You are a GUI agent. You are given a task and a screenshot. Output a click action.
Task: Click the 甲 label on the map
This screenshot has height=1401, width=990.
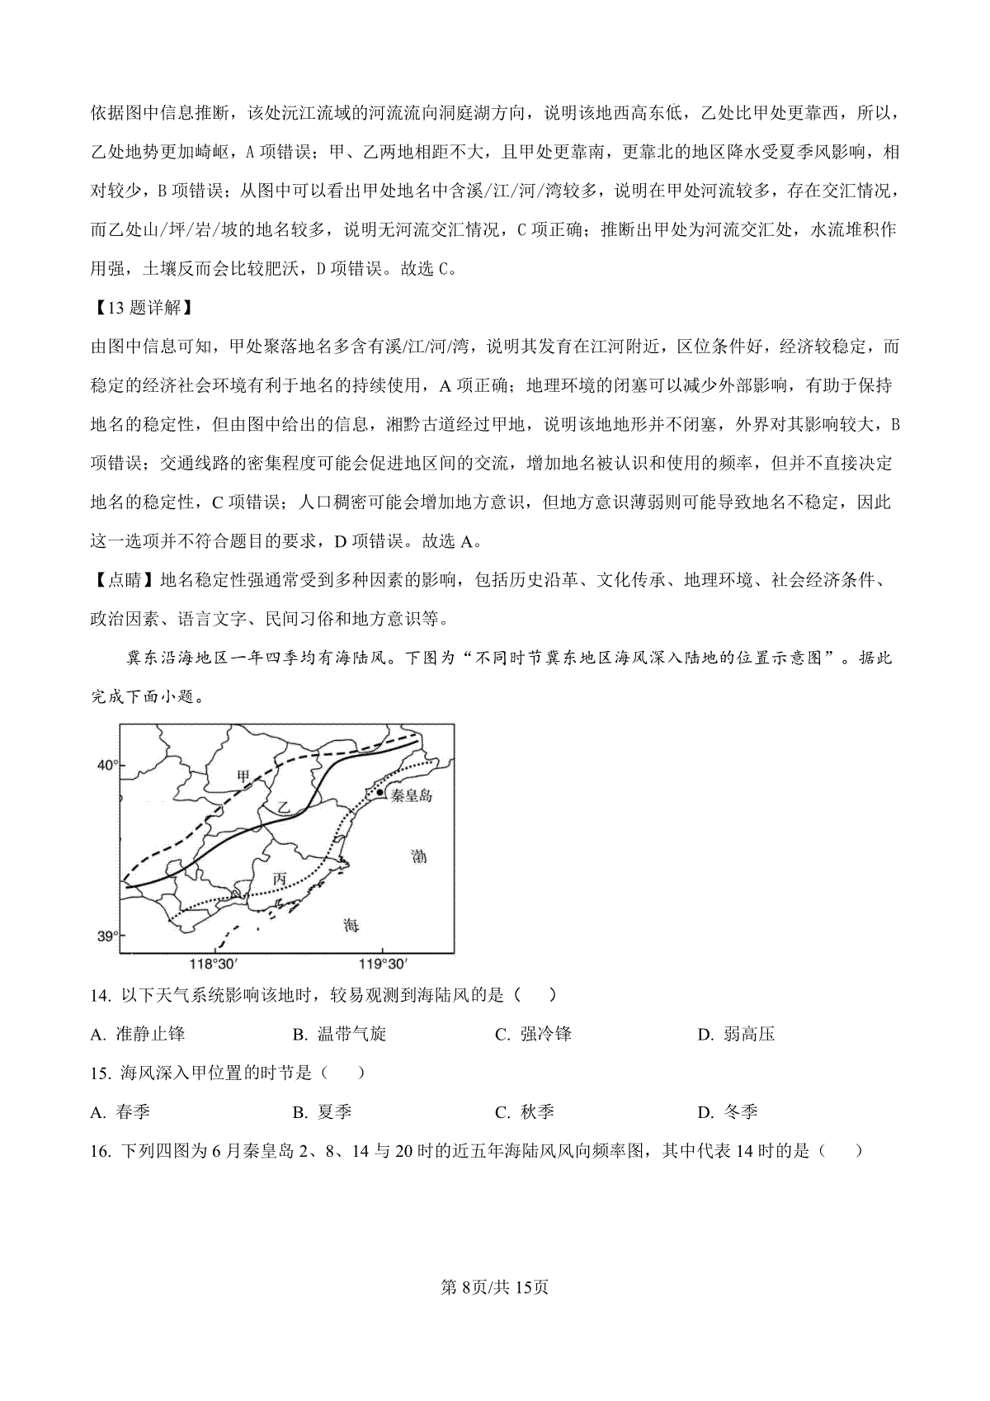point(243,776)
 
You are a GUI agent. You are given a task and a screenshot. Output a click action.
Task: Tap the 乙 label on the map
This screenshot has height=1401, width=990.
point(284,808)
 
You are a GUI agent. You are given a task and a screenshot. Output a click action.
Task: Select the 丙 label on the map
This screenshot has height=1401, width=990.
point(280,880)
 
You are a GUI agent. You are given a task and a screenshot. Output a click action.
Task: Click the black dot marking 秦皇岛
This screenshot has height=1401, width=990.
point(379,793)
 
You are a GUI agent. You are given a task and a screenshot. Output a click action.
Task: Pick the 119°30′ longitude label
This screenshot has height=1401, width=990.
point(383,964)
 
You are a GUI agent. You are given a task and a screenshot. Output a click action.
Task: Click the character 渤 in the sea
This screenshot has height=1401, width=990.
point(419,856)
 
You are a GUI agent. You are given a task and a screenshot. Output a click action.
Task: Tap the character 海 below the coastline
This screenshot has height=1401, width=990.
point(351,925)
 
